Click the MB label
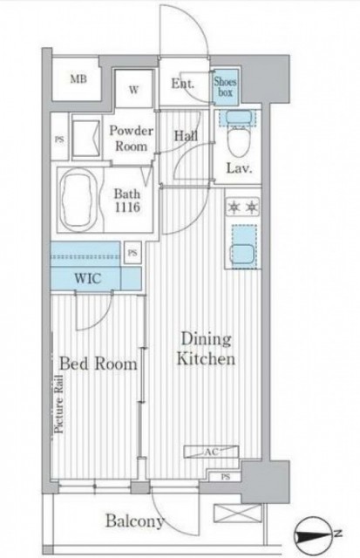78,78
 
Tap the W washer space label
133,90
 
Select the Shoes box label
225,87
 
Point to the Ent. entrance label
183,84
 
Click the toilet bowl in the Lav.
239,140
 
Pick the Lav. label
240,168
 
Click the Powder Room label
132,138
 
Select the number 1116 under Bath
127,208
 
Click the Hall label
186,136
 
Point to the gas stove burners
243,207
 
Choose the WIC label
88,278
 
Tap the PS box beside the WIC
132,253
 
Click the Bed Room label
98,364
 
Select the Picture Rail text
59,404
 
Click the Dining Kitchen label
206,349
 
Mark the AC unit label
211,452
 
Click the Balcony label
135,521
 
